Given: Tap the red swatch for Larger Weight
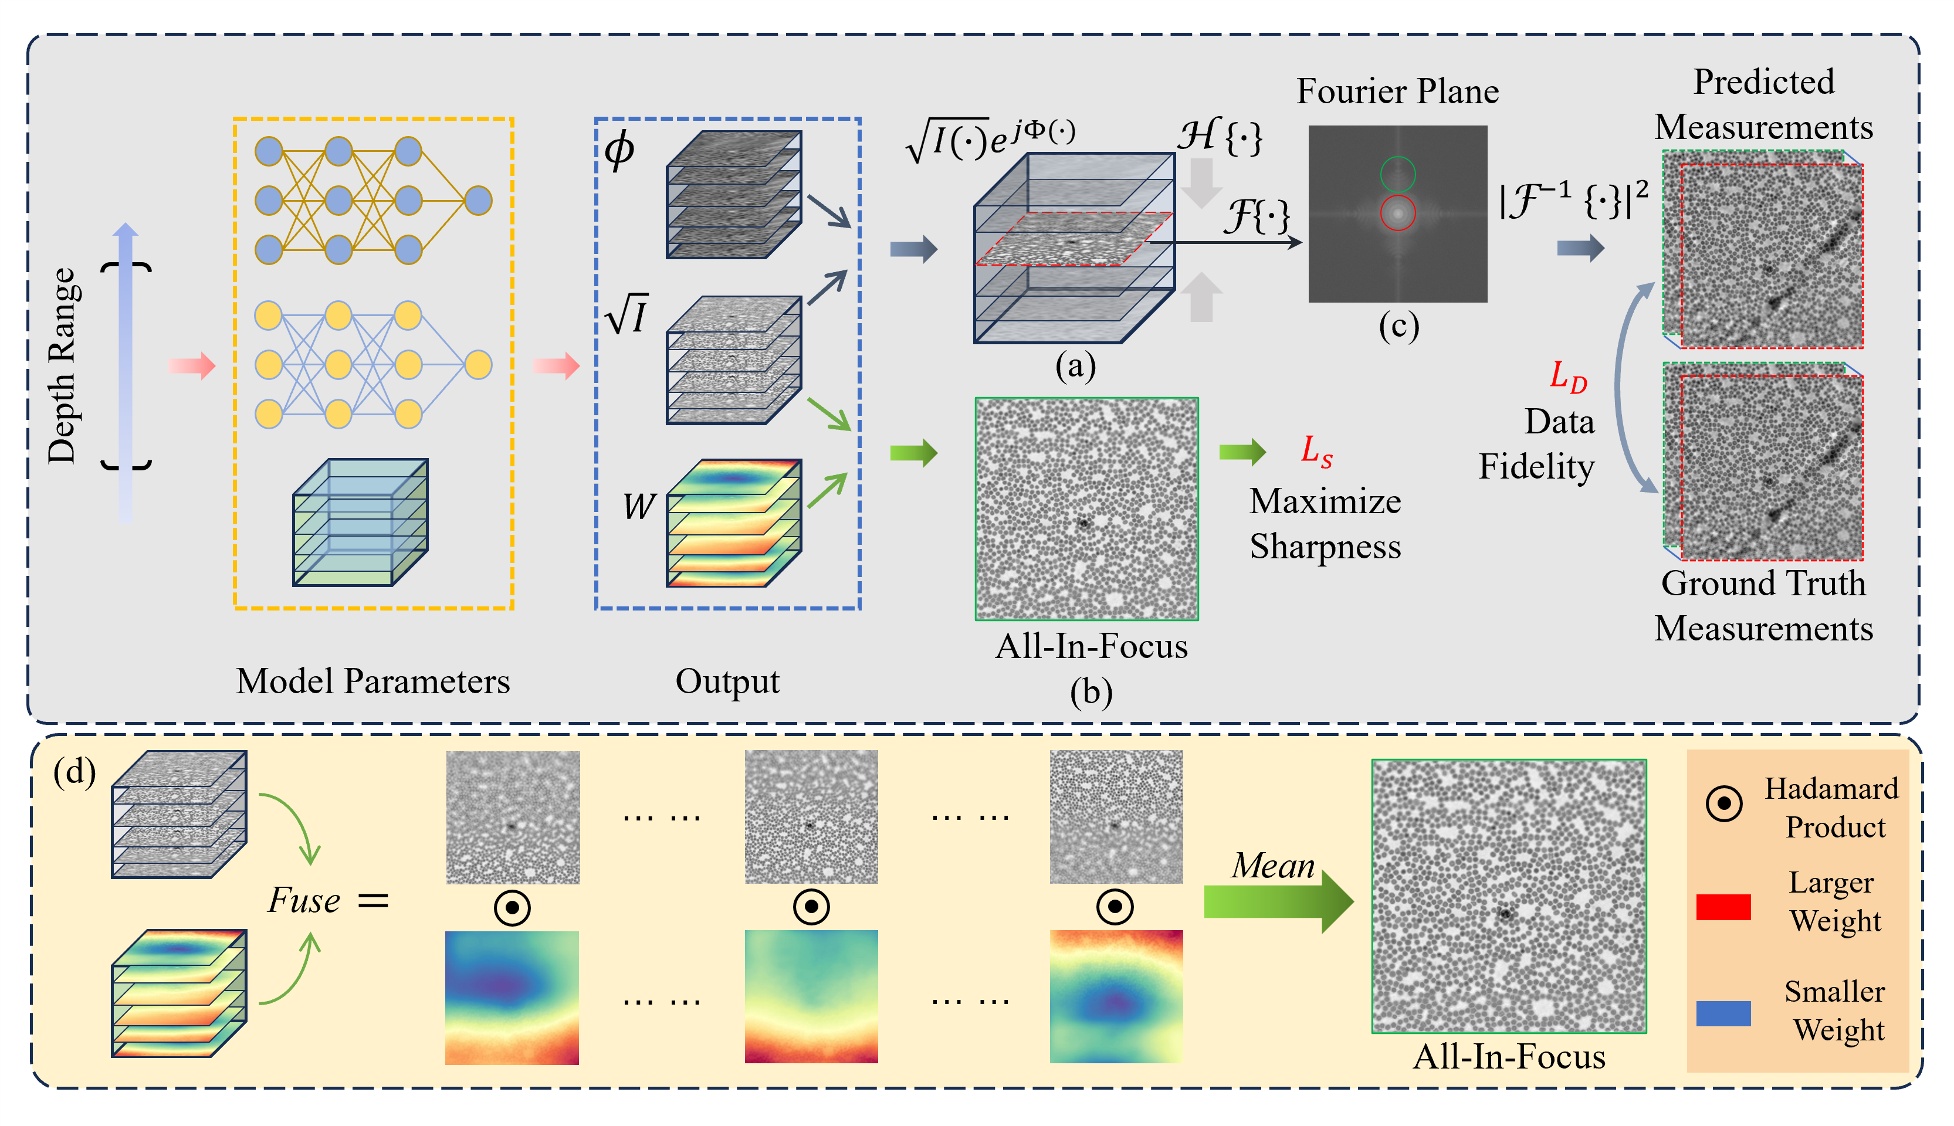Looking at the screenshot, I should pyautogui.click(x=1723, y=906).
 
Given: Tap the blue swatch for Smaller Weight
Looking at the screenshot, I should pyautogui.click(x=1723, y=1013).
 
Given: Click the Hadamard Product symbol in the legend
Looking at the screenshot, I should pyautogui.click(x=1723, y=803).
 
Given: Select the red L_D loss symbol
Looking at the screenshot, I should pyautogui.click(x=1568, y=378).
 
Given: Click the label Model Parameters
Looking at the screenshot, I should pyautogui.click(x=373, y=681).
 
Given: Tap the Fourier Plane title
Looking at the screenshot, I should pyautogui.click(x=1397, y=91).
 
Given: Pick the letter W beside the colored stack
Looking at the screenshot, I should pyautogui.click(x=639, y=507).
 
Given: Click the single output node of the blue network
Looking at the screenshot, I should pyautogui.click(x=479, y=201).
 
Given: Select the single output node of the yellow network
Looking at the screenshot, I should pyautogui.click(x=479, y=364).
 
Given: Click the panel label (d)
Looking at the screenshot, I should pyautogui.click(x=74, y=772).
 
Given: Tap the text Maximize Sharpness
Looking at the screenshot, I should pyautogui.click(x=1325, y=524).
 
